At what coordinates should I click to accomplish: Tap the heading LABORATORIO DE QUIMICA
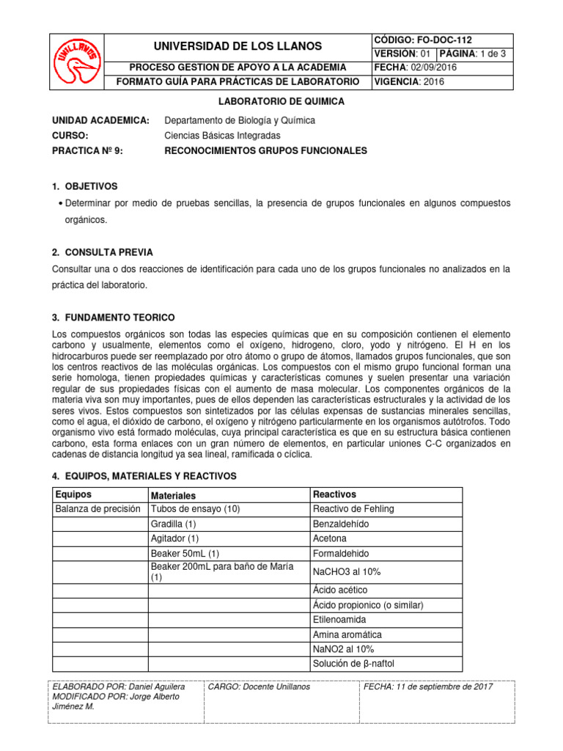pos(282,101)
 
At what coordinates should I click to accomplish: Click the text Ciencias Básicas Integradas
pos(223,136)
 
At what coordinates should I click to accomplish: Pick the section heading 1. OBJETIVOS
pos(85,186)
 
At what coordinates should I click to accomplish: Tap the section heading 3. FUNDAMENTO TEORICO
pos(114,318)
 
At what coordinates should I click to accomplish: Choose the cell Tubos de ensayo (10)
pos(195,509)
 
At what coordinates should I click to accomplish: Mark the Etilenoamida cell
pos(339,620)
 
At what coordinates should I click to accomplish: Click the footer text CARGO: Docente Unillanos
pos(259,686)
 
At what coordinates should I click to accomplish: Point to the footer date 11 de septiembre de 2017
pos(428,686)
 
